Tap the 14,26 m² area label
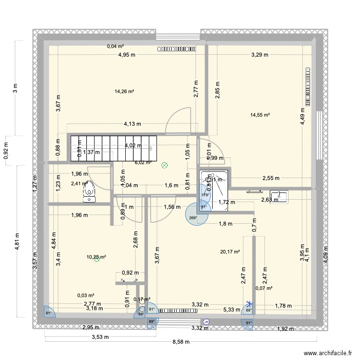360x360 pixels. (124, 91)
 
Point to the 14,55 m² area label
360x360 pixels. (260, 115)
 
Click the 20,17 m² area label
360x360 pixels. (229, 251)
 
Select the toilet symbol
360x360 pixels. (88, 191)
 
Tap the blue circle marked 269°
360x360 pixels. (197, 214)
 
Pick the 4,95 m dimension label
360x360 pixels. (127, 55)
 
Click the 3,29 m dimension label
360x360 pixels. (260, 55)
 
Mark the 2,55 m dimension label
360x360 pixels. (271, 178)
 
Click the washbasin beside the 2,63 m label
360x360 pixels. (278, 197)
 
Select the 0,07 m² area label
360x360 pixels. (264, 288)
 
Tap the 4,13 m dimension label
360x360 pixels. (132, 123)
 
